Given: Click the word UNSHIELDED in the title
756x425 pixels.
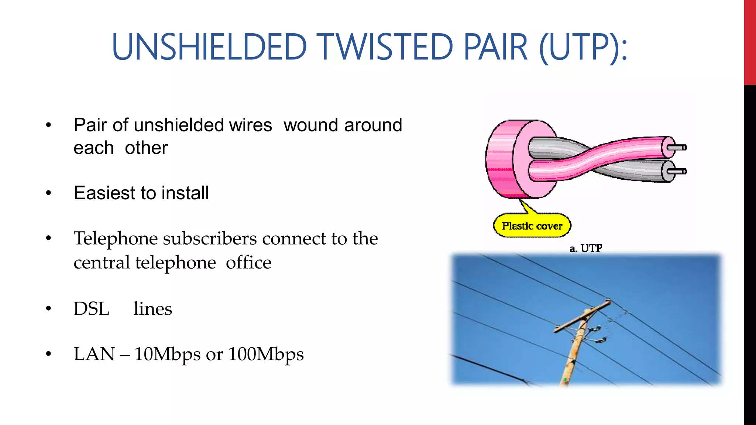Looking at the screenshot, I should click(209, 47).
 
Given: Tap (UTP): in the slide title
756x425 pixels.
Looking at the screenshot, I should click(583, 47).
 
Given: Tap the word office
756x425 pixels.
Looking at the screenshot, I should click(248, 263).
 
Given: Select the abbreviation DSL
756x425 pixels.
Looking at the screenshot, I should click(91, 308).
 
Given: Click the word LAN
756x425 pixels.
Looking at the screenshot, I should click(94, 354).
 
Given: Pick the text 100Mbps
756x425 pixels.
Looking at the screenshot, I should click(266, 354).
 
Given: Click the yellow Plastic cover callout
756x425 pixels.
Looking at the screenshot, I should click(532, 225).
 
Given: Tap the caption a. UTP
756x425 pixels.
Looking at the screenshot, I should click(586, 248).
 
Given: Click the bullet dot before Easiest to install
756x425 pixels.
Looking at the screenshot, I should click(48, 193).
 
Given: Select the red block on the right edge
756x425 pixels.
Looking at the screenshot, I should click(750, 42).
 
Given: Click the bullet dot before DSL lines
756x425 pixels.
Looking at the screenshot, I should click(48, 309).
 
